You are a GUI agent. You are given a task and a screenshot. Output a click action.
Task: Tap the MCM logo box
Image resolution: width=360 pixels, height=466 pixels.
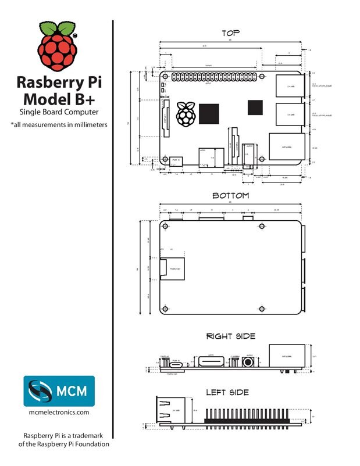click(59, 390)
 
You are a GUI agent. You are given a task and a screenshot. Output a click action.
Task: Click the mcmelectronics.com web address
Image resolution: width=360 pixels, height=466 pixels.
click(59, 412)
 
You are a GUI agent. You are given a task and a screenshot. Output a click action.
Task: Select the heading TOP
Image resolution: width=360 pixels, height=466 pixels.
click(230, 33)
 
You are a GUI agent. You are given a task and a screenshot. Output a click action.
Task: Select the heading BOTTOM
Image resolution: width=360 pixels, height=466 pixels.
click(230, 195)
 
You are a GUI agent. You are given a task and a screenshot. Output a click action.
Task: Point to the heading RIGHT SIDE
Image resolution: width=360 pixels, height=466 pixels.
click(231, 336)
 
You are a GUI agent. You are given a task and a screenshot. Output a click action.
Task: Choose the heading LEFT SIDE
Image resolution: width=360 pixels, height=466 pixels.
click(227, 392)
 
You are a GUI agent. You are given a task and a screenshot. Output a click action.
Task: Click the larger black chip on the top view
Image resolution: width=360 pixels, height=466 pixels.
click(209, 113)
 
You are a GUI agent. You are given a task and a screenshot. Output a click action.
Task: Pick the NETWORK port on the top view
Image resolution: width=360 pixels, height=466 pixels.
click(286, 146)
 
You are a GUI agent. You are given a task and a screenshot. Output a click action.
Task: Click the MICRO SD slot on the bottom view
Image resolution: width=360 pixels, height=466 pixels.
click(172, 269)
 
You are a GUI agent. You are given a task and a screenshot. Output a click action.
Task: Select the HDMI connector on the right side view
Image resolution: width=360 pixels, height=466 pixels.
click(210, 362)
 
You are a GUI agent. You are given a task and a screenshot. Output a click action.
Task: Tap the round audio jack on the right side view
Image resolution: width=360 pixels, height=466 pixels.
click(249, 362)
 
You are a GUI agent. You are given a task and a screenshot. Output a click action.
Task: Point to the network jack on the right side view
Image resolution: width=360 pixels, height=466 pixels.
click(286, 356)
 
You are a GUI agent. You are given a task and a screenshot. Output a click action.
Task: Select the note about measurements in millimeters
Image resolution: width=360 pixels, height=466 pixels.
click(59, 124)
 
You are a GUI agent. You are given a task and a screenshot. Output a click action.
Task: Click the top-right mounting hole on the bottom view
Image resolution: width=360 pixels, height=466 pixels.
click(262, 225)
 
